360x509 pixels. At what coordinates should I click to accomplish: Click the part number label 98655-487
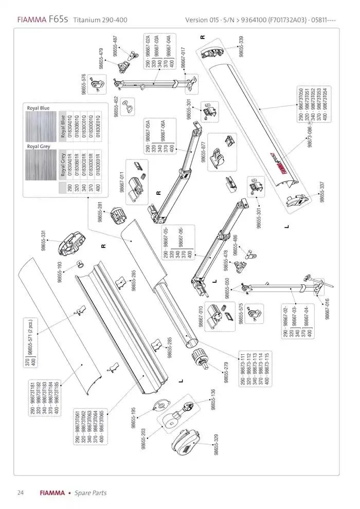coord(116,46)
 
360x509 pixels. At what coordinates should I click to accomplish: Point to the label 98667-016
coord(327,308)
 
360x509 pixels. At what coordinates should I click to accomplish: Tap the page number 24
coord(21,493)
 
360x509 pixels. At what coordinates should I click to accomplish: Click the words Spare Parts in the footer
coord(91,493)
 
